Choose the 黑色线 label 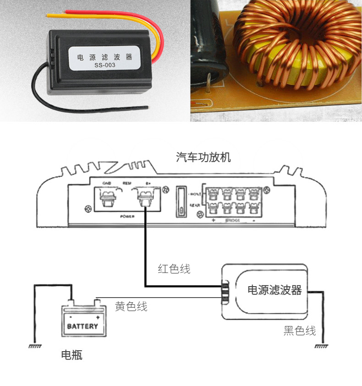[x=300, y=331]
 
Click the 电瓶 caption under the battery [x=72, y=355]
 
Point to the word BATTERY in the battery [x=82, y=326]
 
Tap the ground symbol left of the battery [x=35, y=347]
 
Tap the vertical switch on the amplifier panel [x=182, y=201]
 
